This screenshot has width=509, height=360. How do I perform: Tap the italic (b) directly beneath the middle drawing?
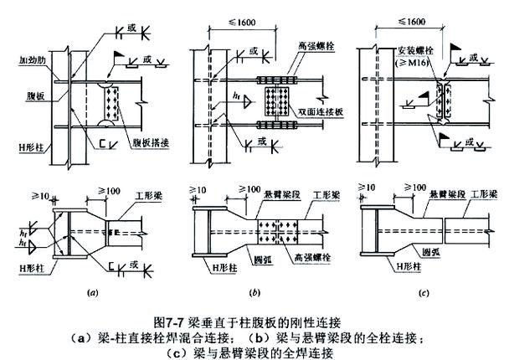252,293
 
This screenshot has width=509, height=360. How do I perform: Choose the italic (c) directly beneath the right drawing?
423,293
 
